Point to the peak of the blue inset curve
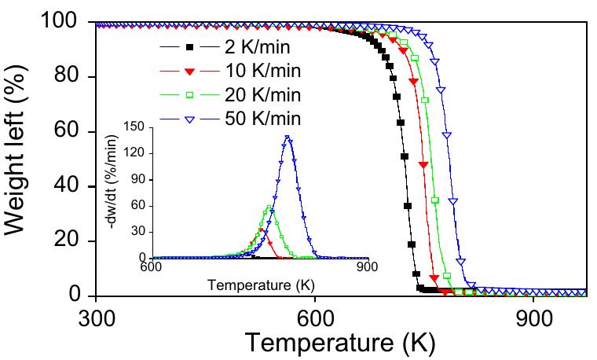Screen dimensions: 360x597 tap(288, 137)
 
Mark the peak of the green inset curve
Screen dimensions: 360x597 tap(269, 208)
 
